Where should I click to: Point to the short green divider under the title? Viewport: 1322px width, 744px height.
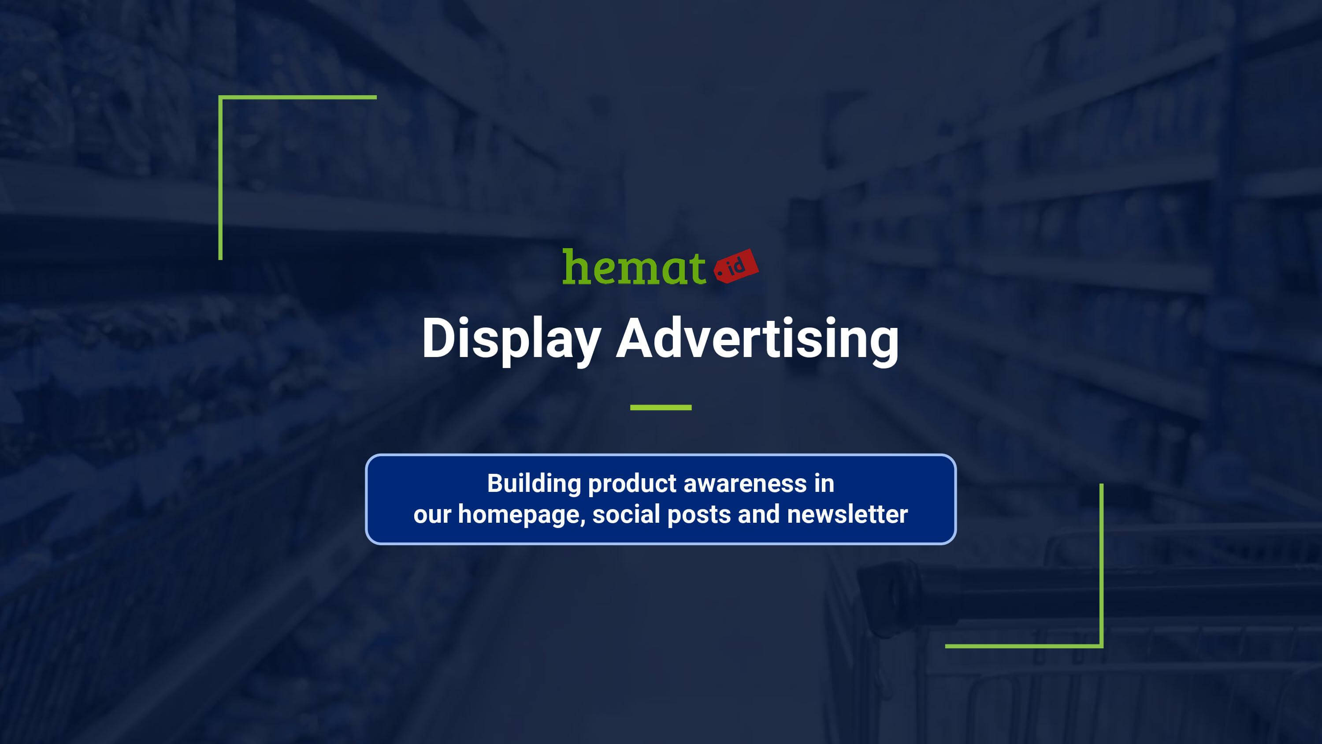click(661, 408)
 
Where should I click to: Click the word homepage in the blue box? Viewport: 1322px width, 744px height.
click(521, 515)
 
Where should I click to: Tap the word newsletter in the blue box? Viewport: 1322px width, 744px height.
click(847, 514)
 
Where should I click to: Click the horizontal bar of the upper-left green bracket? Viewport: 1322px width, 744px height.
click(297, 97)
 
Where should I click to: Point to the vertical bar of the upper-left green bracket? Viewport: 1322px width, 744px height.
click(221, 178)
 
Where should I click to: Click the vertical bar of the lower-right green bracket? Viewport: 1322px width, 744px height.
click(1101, 565)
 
